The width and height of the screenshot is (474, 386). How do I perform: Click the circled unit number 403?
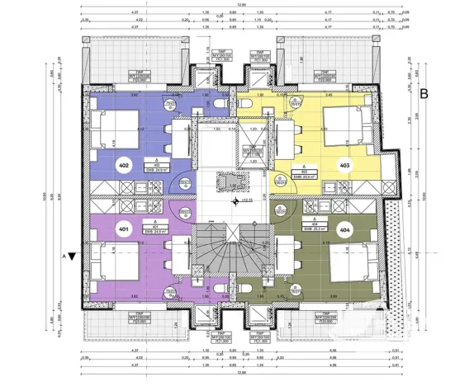pos(344,166)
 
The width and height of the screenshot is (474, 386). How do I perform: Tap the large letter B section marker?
pos(424,93)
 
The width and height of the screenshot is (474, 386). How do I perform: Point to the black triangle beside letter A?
pos(73,257)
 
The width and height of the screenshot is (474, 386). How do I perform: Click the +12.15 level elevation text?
pos(245,200)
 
